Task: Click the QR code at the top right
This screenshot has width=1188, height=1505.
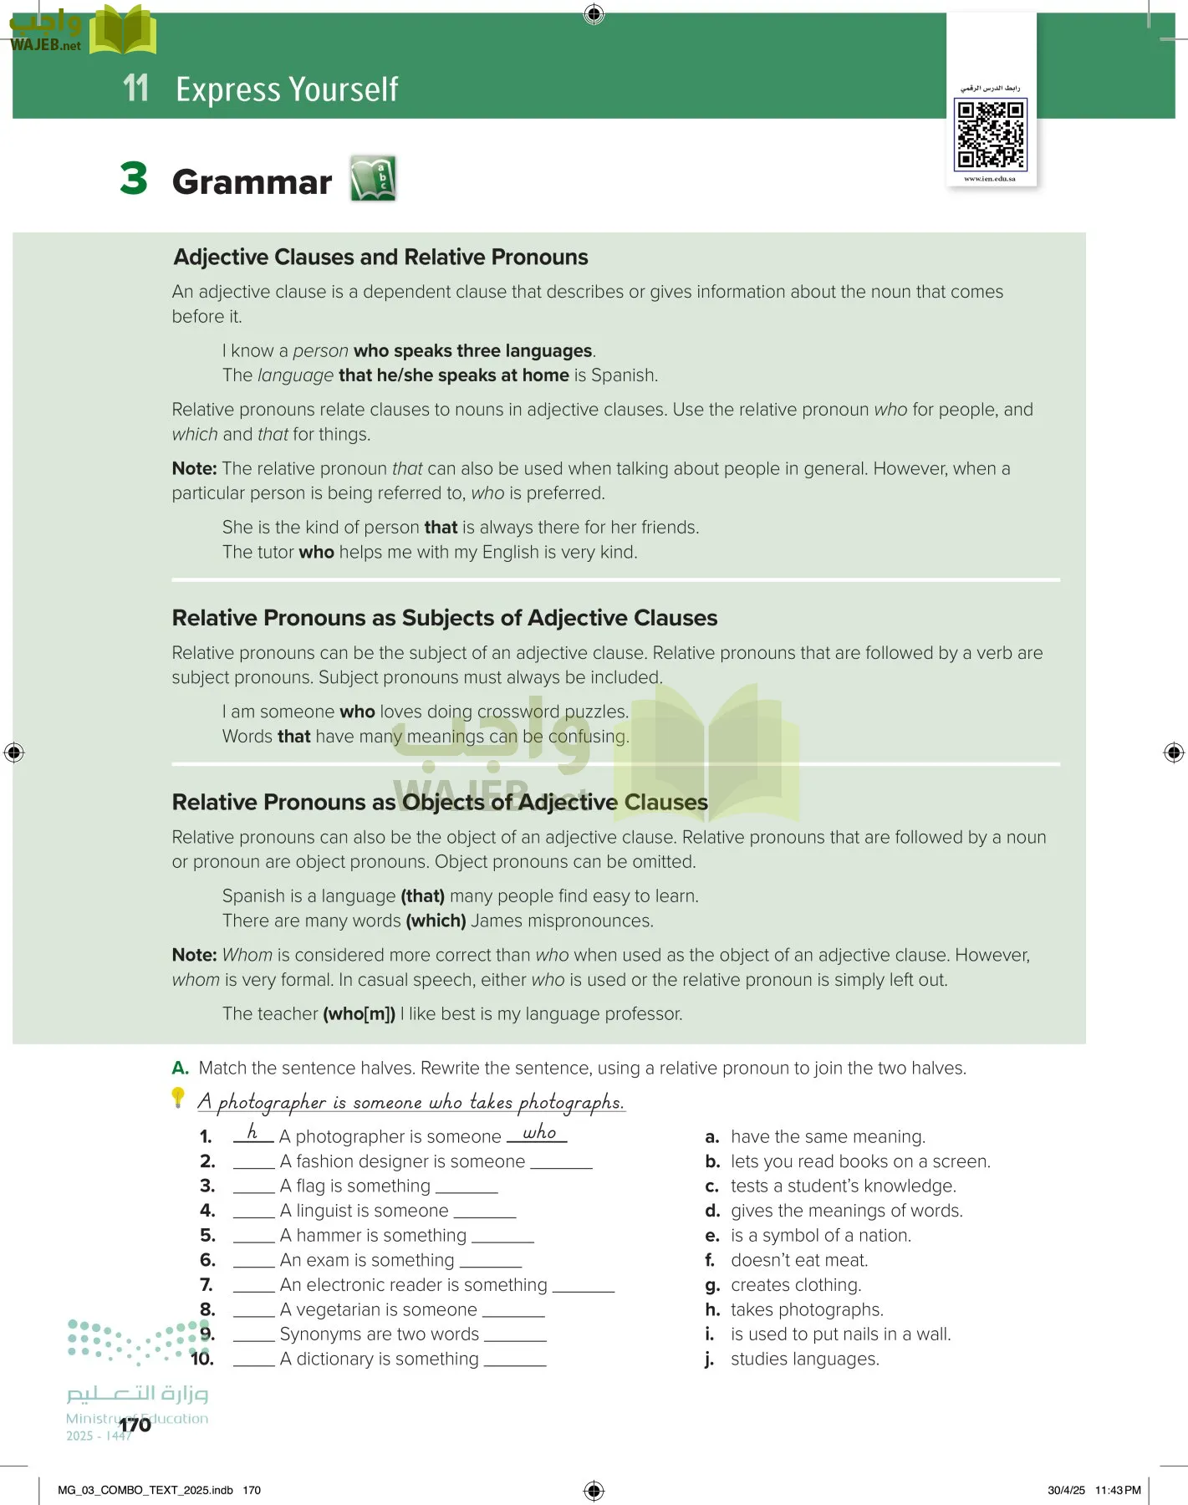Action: [991, 134]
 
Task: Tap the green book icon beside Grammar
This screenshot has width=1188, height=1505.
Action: [373, 178]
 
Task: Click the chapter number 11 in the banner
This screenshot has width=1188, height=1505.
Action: [135, 89]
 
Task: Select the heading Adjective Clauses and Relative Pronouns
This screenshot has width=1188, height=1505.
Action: [380, 258]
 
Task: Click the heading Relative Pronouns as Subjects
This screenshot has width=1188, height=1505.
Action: [444, 618]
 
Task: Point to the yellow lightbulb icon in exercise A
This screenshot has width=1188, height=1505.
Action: [178, 1097]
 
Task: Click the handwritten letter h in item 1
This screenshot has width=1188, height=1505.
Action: [252, 1133]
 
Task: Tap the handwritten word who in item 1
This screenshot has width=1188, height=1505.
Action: [539, 1133]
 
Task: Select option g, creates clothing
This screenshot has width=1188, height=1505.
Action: [795, 1285]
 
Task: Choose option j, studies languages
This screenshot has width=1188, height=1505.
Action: [804, 1360]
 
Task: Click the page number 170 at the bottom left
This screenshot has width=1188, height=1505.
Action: [135, 1425]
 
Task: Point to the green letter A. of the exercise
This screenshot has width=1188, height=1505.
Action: [180, 1069]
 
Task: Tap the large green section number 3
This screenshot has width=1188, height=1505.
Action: [134, 180]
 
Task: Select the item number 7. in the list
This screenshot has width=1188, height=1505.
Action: [206, 1285]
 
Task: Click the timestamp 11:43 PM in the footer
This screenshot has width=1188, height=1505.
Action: [1118, 1490]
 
